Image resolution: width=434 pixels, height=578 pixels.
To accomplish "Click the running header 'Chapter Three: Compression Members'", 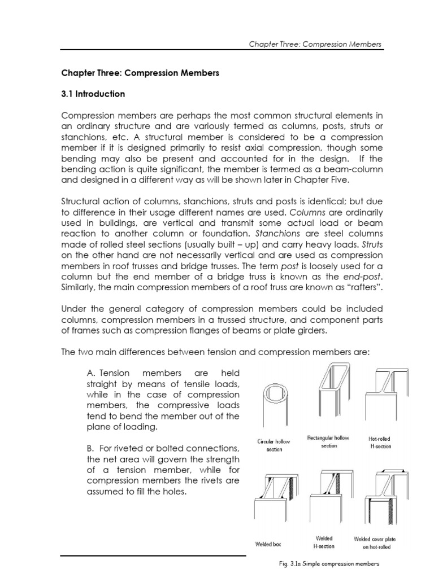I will [315, 44].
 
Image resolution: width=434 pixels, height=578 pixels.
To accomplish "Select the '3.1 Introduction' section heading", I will [93, 94].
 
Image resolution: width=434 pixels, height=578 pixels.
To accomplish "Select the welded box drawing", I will [274, 502].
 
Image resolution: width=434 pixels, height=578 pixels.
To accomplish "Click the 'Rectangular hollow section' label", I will [328, 442].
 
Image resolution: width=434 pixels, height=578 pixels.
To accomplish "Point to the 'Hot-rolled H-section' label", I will [379, 443].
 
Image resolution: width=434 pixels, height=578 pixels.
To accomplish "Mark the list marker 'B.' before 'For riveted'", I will [90, 449].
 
